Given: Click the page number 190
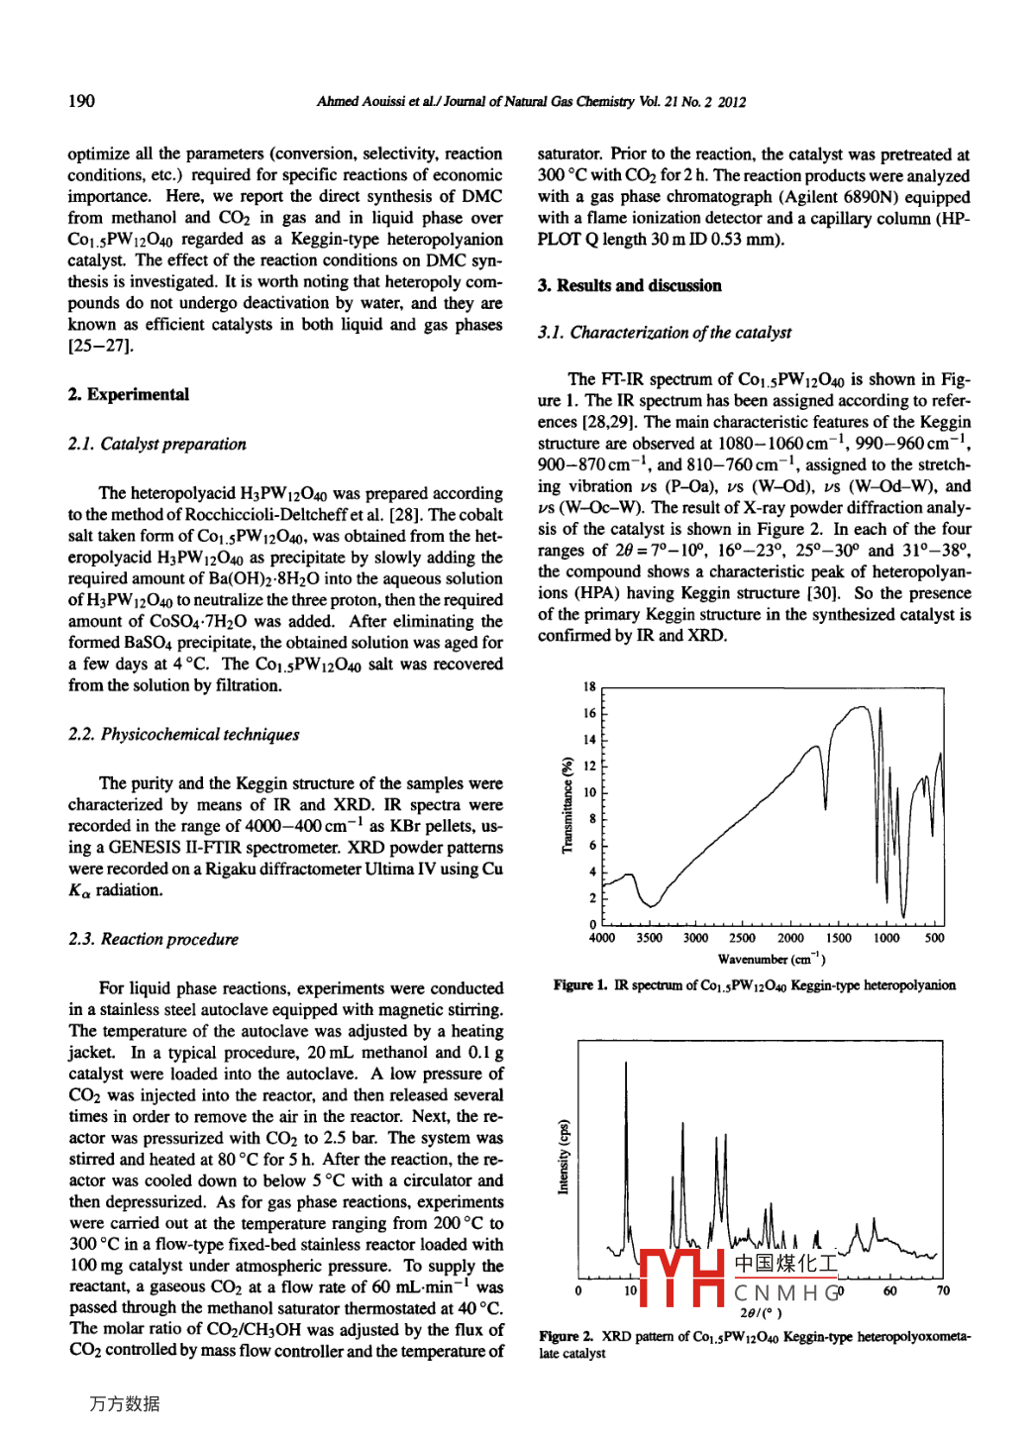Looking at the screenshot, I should pos(81,101).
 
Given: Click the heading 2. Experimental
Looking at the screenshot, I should pos(128,394).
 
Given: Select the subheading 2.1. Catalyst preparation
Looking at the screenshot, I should pos(156,444).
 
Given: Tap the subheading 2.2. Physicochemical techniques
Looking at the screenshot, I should pos(183,734).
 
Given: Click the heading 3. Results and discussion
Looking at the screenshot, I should pos(629,285).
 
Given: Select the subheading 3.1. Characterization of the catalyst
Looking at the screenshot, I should pos(664,333).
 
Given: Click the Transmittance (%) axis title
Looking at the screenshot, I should pos(568,805).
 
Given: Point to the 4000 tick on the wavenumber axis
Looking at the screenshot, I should pos(601,938).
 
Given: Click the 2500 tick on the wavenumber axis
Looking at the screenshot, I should pos(742,938).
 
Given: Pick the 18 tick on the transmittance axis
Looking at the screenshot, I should pos(589,686).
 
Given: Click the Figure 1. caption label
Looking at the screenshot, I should pos(580,985).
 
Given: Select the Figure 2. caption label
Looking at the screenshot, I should pos(567,1337).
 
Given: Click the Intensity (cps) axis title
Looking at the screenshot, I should pos(564,1157).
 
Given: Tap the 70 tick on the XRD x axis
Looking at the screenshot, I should pos(943,1290).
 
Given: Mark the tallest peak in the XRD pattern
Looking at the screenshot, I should pos(626,1065).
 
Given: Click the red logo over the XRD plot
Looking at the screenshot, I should pos(682,1277).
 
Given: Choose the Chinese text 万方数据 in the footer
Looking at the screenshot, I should pos(124,1403).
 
